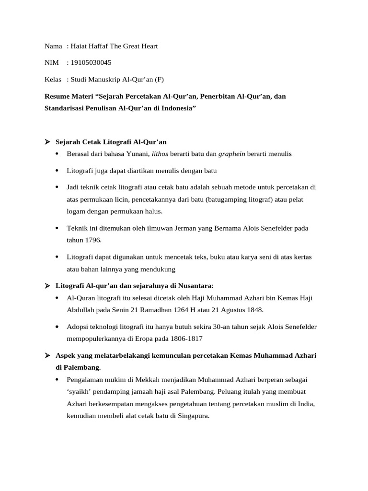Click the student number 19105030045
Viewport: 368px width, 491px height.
click(x=91, y=62)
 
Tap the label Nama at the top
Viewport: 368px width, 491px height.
click(x=53, y=46)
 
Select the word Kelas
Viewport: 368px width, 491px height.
click(x=53, y=79)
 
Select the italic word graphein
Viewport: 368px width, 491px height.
click(x=232, y=154)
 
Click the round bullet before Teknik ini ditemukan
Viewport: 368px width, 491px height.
click(x=58, y=228)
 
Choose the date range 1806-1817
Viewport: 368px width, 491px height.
click(x=185, y=339)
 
